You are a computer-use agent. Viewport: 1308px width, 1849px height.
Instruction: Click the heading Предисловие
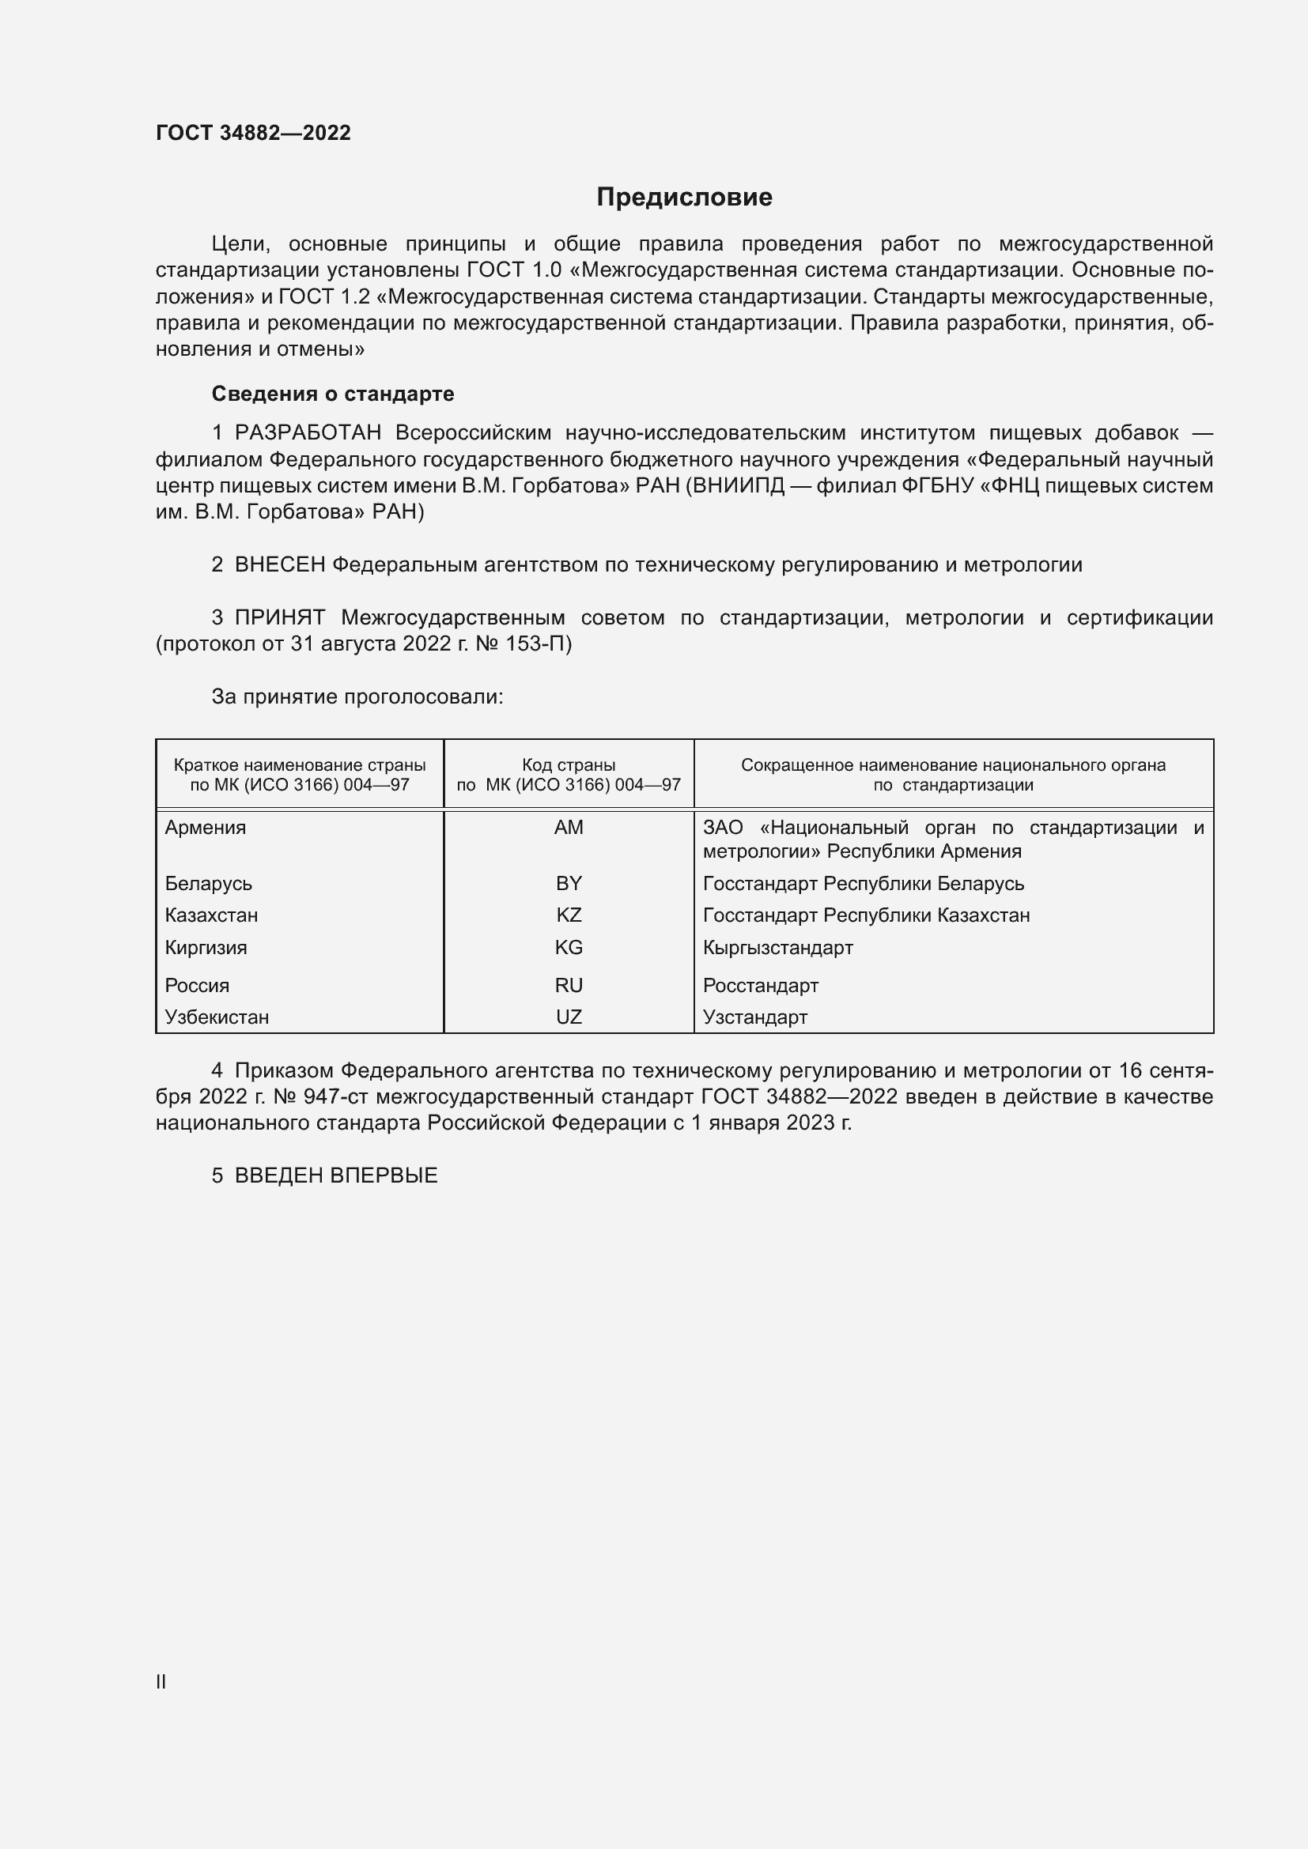(x=684, y=198)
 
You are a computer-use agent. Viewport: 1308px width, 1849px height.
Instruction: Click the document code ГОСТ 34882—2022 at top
(x=253, y=133)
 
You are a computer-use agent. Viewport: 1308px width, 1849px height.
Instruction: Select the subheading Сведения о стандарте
(x=333, y=394)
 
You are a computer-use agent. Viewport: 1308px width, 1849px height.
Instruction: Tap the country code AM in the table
(x=569, y=828)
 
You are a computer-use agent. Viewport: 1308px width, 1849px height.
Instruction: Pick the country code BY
(x=569, y=884)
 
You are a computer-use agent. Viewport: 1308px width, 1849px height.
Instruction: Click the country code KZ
(x=569, y=915)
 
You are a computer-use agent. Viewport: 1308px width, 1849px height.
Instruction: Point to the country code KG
(x=569, y=947)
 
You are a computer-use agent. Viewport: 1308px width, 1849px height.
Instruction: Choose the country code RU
(x=569, y=985)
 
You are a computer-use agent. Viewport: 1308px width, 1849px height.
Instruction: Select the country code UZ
(x=569, y=1017)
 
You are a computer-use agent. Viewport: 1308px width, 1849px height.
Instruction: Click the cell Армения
(x=206, y=828)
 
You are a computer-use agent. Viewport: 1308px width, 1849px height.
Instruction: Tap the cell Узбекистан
(x=217, y=1017)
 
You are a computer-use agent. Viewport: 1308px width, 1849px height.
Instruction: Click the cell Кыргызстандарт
(x=777, y=947)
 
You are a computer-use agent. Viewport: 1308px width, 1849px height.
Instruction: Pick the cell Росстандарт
(x=760, y=985)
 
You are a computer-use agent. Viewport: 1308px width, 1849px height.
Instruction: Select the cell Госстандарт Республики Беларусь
(x=863, y=884)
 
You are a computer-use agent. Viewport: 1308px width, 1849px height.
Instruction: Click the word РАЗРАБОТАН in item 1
(x=308, y=432)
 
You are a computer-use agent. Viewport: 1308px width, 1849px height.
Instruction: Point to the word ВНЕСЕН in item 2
(x=279, y=564)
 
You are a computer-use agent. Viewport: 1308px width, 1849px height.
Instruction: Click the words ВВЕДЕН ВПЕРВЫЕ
(x=336, y=1175)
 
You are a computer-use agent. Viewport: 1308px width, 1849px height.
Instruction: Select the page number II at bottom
(x=161, y=1681)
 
